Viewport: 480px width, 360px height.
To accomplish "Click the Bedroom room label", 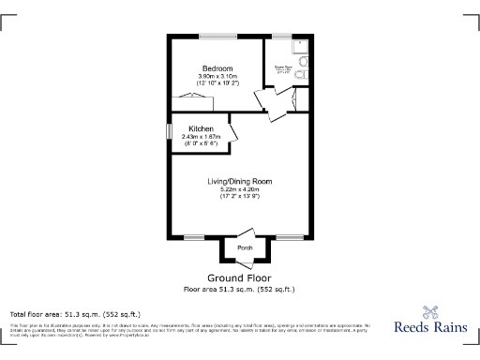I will point(217,67).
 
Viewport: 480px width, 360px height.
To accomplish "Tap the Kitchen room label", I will point(201,128).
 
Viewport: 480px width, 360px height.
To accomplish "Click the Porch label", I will point(245,247).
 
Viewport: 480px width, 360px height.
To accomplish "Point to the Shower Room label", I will point(282,67).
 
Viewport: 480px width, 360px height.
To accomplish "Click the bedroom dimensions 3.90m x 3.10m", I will point(217,76).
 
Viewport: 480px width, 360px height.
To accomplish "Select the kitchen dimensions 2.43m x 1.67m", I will point(201,137).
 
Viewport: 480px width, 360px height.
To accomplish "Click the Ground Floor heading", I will point(239,278).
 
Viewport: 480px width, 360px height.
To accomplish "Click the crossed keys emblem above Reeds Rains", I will point(430,312).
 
